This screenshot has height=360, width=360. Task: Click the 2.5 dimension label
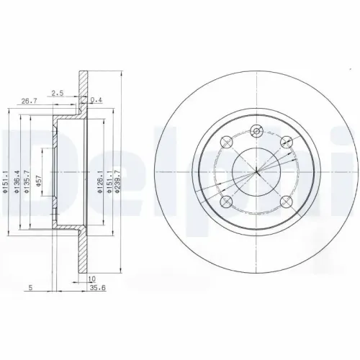click(58, 93)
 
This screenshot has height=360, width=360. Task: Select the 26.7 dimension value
click(30, 102)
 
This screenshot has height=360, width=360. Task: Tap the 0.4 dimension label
click(96, 99)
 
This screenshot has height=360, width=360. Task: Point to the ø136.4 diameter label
click(17, 181)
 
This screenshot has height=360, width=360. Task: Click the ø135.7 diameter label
click(27, 181)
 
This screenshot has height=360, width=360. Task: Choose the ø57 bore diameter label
click(39, 181)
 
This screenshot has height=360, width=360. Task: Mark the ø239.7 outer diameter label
click(117, 181)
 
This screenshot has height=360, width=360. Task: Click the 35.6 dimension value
click(98, 288)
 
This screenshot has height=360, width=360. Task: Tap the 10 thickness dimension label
click(92, 279)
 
